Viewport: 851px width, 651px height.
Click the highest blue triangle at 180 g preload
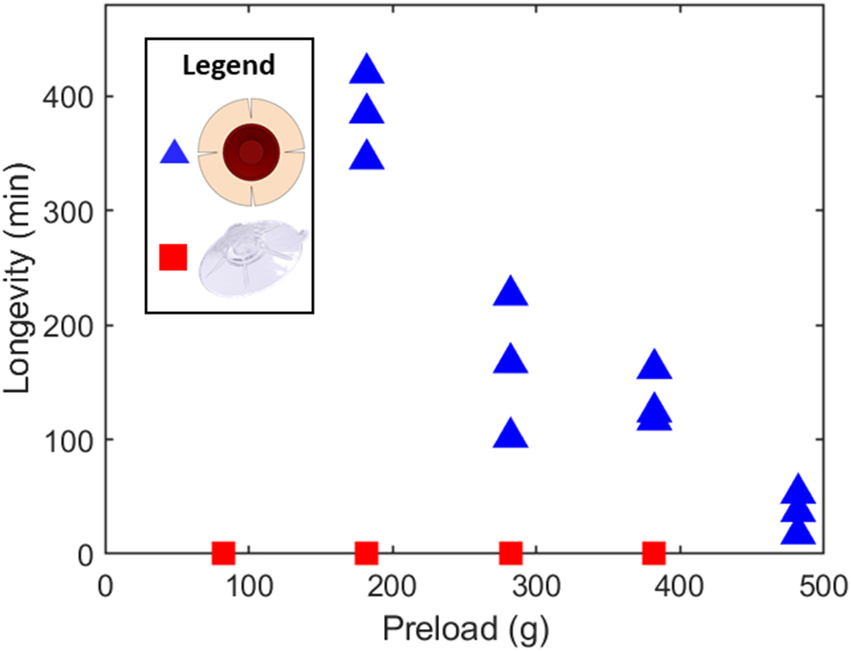(366, 70)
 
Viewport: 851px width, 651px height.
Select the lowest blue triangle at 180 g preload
(366, 157)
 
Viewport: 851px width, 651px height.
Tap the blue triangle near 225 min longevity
(510, 292)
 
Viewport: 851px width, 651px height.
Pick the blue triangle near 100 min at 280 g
(510, 435)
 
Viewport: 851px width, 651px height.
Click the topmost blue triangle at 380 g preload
(654, 365)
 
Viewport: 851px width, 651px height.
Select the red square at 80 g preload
(223, 554)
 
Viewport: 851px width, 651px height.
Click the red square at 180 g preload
(366, 554)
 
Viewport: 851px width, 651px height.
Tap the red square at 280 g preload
(510, 554)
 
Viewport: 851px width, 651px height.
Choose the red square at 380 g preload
(654, 554)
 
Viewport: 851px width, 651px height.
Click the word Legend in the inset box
(229, 65)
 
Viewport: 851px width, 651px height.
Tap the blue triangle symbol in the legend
(174, 153)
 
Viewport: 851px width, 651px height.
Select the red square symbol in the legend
(173, 256)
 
